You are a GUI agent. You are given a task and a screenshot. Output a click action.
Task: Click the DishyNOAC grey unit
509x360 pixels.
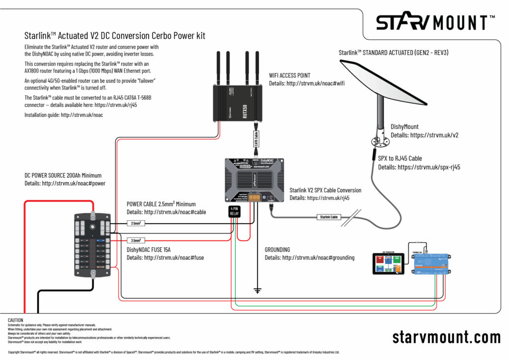point(254,180)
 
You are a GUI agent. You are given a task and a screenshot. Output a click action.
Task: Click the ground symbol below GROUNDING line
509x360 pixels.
point(257,289)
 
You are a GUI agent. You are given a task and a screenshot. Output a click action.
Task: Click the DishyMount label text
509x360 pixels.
point(405,127)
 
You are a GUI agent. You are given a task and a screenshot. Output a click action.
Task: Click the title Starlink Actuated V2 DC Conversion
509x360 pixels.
point(115,36)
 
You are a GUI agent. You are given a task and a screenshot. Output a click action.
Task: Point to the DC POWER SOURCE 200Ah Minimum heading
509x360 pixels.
point(63,175)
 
